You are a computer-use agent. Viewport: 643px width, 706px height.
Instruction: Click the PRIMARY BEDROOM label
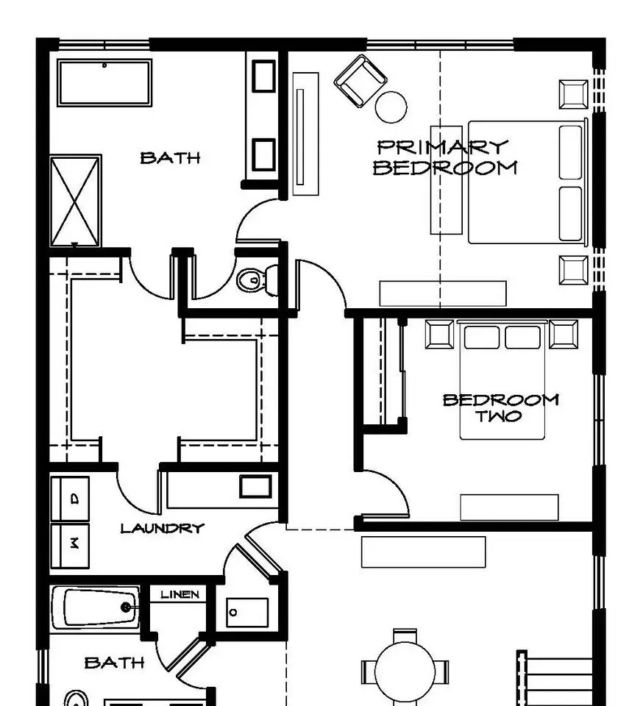(445, 157)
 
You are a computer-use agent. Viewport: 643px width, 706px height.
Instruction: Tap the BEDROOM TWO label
(501, 408)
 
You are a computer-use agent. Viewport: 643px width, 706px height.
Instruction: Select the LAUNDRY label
(162, 528)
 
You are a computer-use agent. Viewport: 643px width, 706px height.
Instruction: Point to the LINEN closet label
(180, 594)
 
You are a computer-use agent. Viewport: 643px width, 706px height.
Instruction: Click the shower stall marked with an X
(75, 201)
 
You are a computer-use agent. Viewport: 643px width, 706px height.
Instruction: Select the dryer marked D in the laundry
(70, 499)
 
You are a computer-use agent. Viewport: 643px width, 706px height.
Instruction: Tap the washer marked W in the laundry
(70, 545)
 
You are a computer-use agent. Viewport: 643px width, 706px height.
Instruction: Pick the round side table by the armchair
(391, 107)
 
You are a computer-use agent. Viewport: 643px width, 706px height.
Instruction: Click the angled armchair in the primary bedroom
(360, 81)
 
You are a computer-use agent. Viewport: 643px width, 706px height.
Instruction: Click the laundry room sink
(255, 486)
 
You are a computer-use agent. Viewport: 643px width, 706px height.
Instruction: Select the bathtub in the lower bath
(96, 607)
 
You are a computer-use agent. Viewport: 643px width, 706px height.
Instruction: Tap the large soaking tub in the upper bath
(104, 83)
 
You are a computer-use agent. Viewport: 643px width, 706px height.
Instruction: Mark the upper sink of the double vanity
(263, 76)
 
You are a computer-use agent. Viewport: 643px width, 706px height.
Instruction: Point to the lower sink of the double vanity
(263, 155)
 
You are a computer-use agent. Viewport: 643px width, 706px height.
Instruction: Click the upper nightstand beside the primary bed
(573, 94)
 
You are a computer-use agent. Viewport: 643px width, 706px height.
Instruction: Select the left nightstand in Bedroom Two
(439, 335)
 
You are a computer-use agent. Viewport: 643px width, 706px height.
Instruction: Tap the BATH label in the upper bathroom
(170, 158)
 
